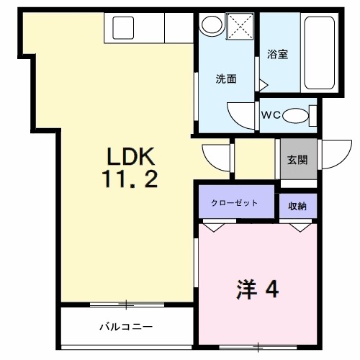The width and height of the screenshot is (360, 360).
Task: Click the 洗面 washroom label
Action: tap(226, 79)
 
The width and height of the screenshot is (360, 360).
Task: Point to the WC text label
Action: tap(271, 115)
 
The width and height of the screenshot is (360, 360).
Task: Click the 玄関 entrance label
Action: tap(297, 160)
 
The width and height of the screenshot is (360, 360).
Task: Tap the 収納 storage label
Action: tap(297, 206)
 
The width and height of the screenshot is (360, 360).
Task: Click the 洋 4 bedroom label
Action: tap(256, 289)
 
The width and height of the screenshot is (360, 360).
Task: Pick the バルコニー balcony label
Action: tap(126, 327)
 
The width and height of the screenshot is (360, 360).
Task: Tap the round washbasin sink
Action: tap(211, 25)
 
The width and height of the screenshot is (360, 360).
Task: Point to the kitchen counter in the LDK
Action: tap(148, 28)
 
